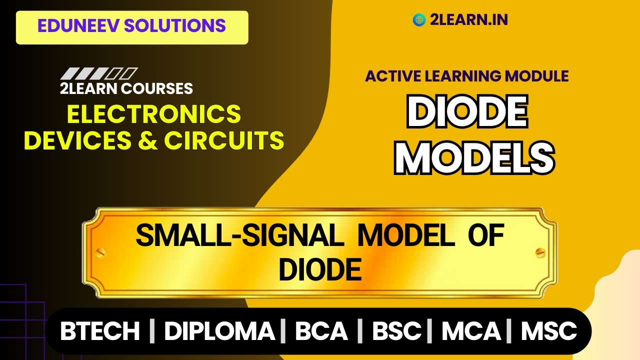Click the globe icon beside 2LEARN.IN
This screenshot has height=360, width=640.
[x=418, y=20]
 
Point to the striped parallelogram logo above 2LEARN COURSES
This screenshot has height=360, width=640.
[x=98, y=74]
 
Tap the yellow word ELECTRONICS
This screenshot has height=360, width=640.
[x=154, y=114]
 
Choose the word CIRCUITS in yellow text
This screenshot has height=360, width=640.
[x=224, y=140]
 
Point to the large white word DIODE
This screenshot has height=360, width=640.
[x=467, y=113]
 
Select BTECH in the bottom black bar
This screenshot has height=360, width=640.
[x=100, y=331]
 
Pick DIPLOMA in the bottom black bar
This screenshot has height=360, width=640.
[x=219, y=331]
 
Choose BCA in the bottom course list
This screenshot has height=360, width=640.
[x=321, y=331]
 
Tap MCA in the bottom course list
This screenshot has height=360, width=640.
[x=471, y=331]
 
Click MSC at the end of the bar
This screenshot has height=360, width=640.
[x=549, y=331]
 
